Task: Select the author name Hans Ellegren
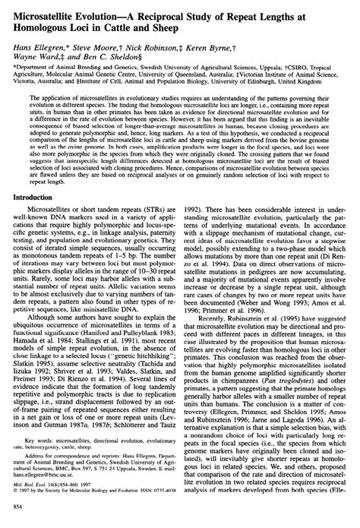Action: coord(34,46)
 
